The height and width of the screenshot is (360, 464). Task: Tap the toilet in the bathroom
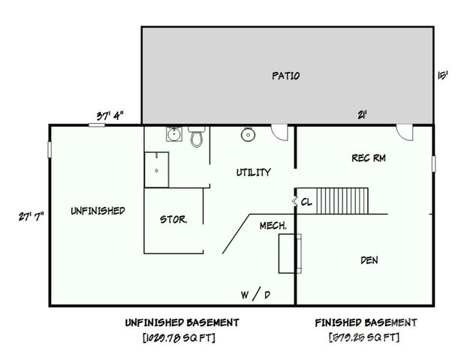coord(197,137)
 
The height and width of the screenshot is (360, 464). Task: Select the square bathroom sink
coord(173,136)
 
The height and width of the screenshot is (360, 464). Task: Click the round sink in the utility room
coord(247,135)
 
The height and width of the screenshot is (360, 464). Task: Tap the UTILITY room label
coord(254,172)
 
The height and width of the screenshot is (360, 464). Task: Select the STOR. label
coord(173,220)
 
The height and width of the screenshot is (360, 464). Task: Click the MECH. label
coord(273,226)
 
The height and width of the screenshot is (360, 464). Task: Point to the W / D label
coord(255,295)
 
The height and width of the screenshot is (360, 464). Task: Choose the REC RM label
coord(369,158)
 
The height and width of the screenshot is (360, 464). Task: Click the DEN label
coord(369,260)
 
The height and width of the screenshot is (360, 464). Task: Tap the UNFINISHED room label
coord(98,211)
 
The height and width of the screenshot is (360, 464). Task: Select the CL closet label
coord(306,202)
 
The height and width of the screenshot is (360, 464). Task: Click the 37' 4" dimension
coord(110,115)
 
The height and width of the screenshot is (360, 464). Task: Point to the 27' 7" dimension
coord(31,216)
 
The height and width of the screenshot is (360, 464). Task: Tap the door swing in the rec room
coord(406,132)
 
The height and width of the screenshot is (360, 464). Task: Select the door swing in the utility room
coord(279,132)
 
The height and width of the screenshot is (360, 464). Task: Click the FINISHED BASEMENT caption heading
coord(365,322)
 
